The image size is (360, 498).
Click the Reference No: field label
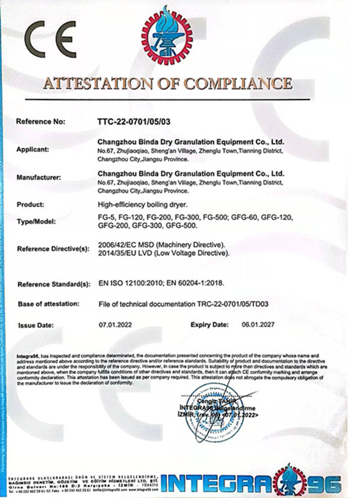[x=40, y=121]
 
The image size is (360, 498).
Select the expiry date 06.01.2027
[x=253, y=324]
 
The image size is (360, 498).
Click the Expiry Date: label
[x=209, y=324]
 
